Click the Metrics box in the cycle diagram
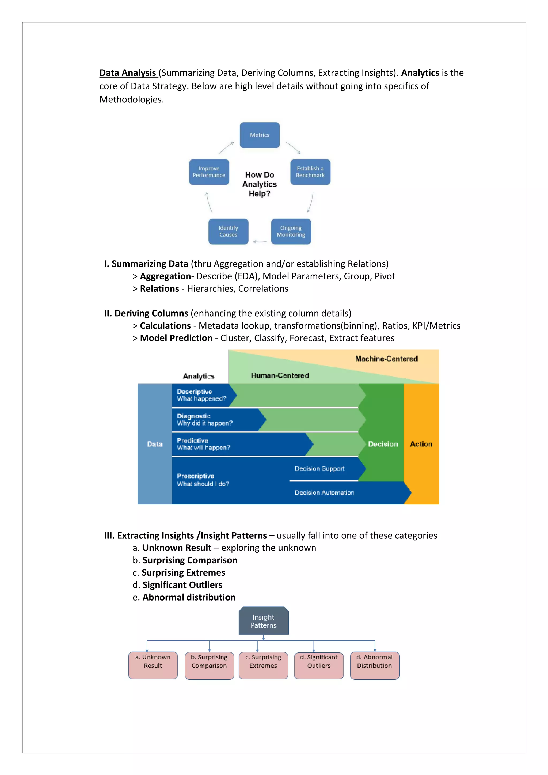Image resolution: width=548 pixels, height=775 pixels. [260, 135]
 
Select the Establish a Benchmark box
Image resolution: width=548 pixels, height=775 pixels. [310, 172]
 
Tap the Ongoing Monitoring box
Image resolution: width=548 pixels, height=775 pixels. [291, 231]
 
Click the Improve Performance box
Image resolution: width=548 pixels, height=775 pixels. [209, 172]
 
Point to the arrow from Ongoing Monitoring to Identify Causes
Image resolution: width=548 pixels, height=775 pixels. [260, 241]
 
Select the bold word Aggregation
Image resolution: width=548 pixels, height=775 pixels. [165, 276]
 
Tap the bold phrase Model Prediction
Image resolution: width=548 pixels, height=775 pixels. [176, 338]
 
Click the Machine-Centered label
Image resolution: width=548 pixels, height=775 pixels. [386, 359]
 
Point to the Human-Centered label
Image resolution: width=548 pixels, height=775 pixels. [280, 375]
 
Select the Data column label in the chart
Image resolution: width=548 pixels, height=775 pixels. [155, 444]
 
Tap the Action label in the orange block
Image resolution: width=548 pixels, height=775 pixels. [421, 444]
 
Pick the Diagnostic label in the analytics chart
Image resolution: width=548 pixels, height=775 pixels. [194, 416]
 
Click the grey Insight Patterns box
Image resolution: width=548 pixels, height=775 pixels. [263, 621]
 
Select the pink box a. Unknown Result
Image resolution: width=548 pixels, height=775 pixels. [153, 665]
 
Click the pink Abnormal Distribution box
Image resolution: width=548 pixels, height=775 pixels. [375, 665]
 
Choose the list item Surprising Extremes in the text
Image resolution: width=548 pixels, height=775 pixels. [183, 572]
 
